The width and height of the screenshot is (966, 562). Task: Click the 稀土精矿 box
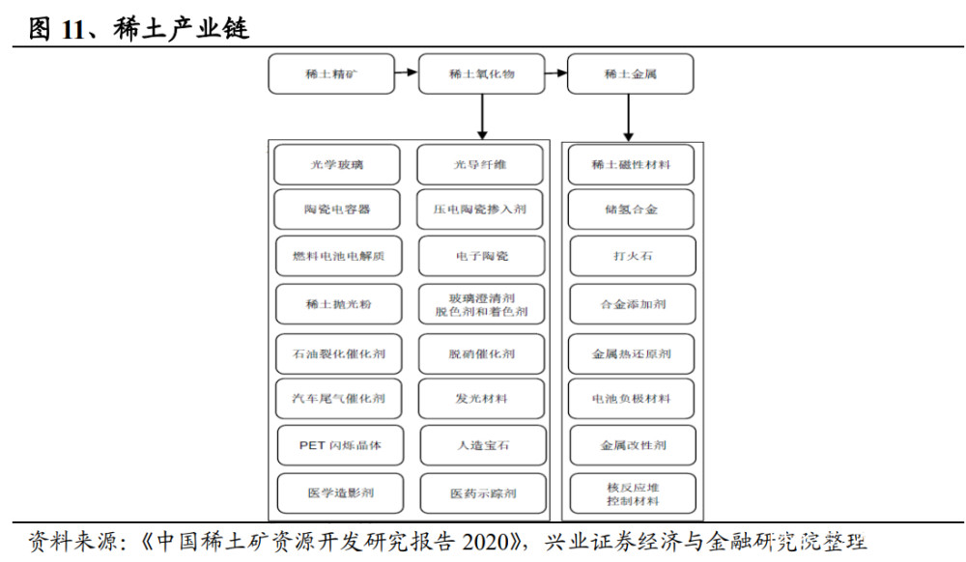click(x=331, y=73)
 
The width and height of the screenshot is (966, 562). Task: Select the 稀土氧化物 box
click(x=482, y=73)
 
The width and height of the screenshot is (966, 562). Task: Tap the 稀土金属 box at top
click(x=630, y=73)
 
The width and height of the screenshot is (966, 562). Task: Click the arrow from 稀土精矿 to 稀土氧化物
click(x=407, y=72)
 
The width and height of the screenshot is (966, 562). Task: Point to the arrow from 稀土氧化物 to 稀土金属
click(x=556, y=73)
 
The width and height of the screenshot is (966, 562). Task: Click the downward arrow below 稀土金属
click(x=629, y=118)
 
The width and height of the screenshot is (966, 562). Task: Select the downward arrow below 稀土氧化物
click(x=482, y=117)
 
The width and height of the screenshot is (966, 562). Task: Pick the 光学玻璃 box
click(x=337, y=164)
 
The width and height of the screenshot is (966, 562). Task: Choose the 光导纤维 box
click(x=480, y=164)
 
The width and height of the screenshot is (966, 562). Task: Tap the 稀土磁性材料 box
click(x=631, y=164)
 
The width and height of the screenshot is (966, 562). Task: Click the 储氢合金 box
click(x=631, y=210)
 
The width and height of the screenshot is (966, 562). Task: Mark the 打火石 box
click(x=633, y=256)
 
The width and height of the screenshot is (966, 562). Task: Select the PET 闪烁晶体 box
click(x=340, y=445)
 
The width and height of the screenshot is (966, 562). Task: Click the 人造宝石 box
click(x=483, y=445)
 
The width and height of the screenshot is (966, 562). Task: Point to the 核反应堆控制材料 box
click(x=633, y=493)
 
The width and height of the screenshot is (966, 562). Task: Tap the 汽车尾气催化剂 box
click(x=338, y=398)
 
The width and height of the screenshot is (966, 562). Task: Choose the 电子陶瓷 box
click(x=482, y=256)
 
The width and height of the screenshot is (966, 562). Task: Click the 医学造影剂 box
click(x=340, y=493)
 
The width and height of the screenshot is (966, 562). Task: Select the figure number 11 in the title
click(x=72, y=29)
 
